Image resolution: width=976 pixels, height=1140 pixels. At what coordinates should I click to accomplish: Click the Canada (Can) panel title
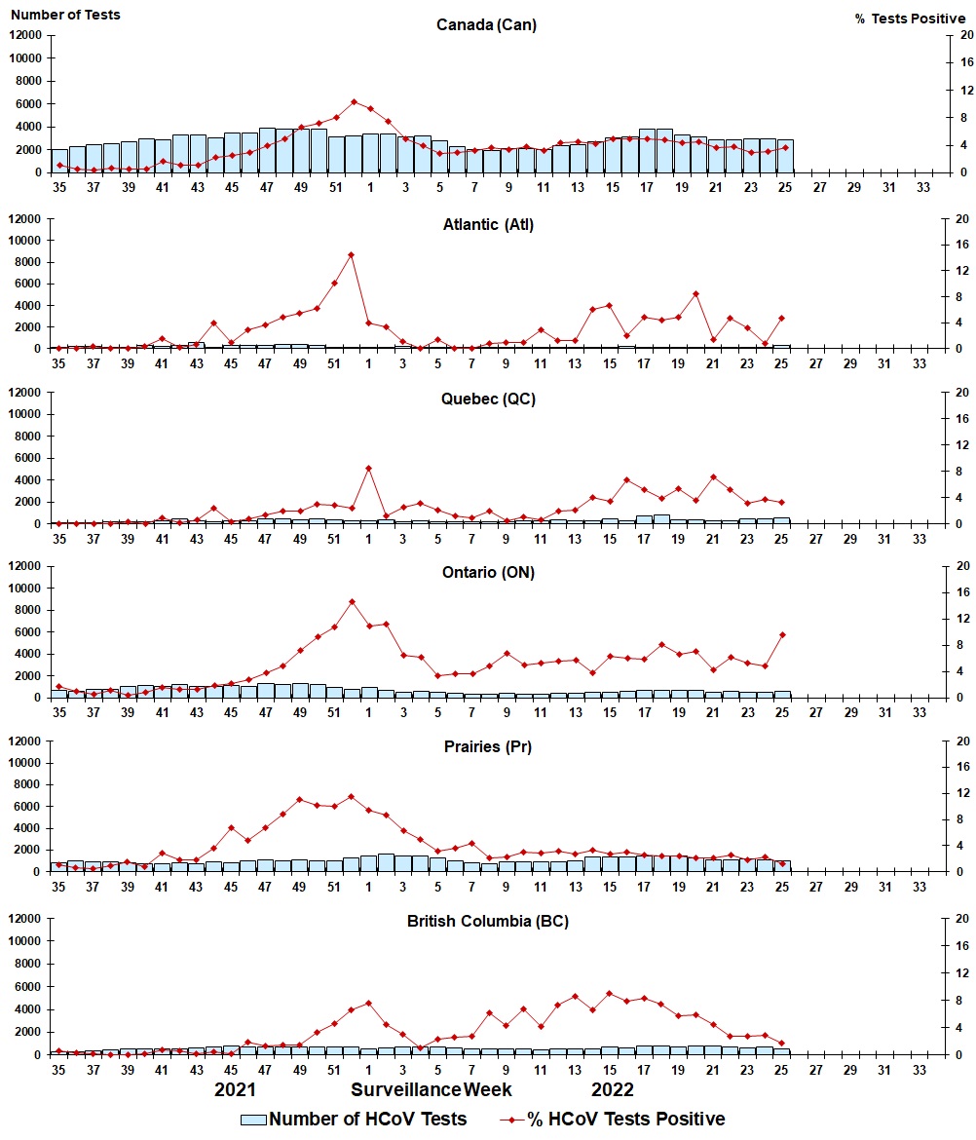(486, 25)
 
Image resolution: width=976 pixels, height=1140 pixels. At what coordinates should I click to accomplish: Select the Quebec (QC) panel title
(486, 399)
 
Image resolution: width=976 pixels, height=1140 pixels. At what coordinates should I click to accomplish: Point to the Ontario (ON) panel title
(486, 573)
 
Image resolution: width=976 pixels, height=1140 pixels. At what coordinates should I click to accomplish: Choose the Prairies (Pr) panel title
(486, 747)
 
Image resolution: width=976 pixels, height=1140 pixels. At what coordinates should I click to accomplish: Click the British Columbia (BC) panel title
(485, 922)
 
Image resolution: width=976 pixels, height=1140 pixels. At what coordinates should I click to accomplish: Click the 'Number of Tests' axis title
(64, 15)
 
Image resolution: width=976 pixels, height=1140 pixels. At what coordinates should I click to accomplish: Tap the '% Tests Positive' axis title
(911, 19)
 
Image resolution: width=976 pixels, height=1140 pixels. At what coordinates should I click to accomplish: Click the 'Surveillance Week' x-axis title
(432, 1088)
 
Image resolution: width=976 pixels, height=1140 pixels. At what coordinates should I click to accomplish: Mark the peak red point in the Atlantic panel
(352, 254)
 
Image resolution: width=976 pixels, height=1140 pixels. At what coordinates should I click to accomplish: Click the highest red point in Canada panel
(354, 101)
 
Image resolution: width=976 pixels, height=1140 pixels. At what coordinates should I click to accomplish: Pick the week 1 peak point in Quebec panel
(369, 468)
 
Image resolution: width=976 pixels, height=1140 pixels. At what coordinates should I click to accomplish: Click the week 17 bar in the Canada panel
(646, 151)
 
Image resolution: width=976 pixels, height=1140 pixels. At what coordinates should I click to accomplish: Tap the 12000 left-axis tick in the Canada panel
(25, 35)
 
